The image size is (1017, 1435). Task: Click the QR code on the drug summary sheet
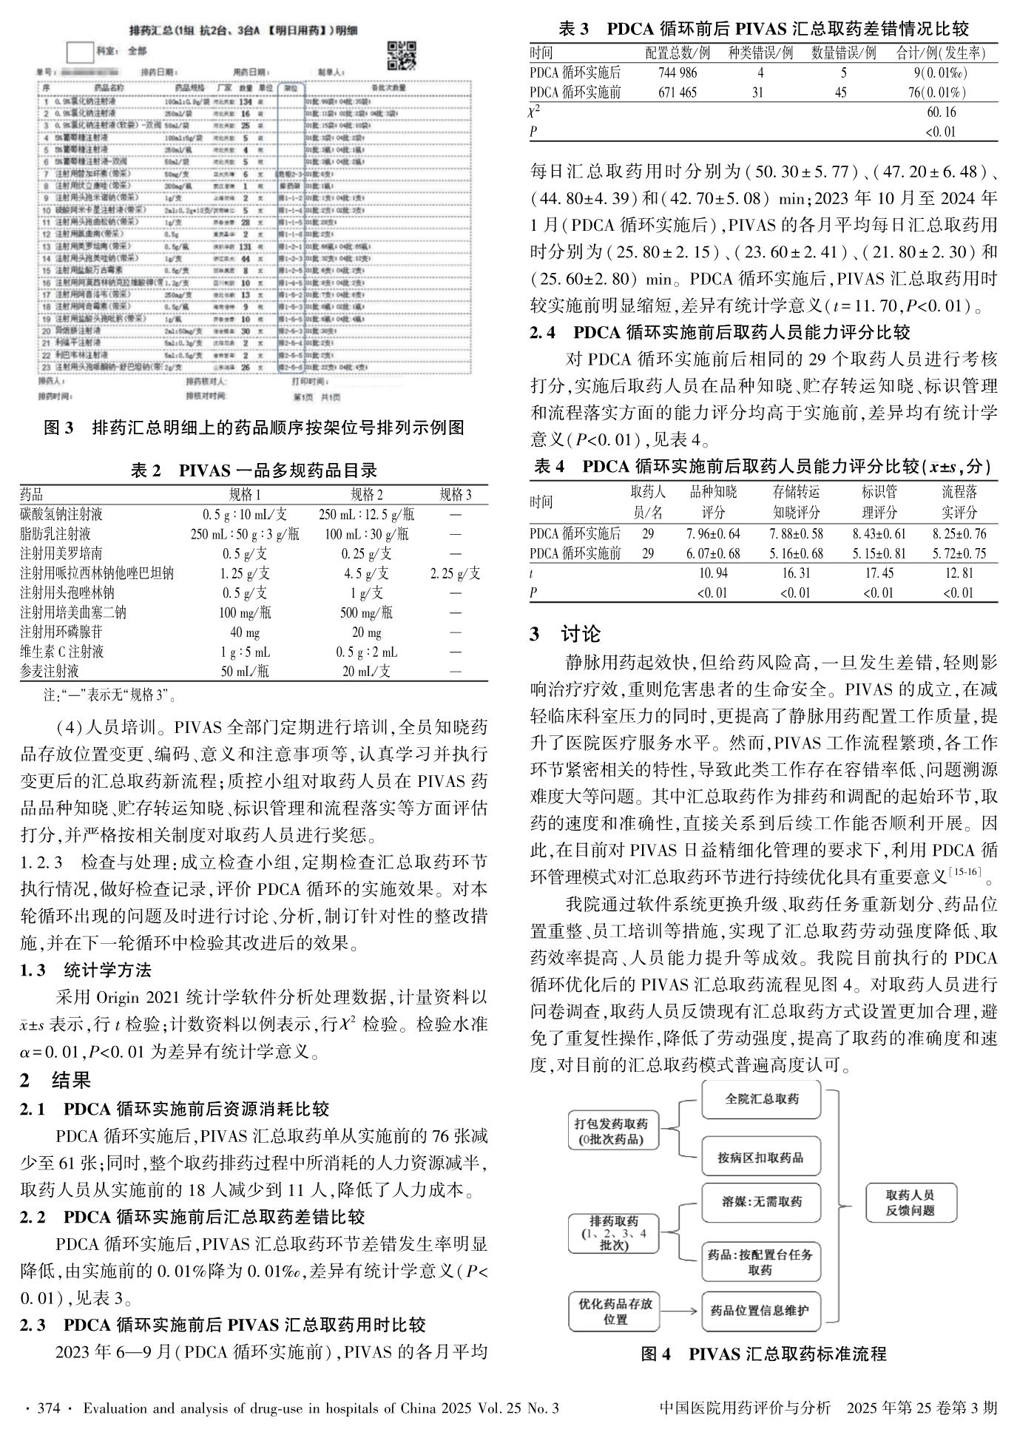tap(402, 55)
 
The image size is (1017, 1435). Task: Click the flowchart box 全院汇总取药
tap(761, 1098)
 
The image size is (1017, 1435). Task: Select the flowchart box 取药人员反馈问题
tap(910, 1203)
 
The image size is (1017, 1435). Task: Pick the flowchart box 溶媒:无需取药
tap(761, 1201)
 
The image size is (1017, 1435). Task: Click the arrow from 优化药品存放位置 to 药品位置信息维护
tap(680, 1310)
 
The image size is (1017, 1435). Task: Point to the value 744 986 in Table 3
tap(678, 72)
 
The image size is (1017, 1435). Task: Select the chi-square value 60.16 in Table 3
tap(941, 112)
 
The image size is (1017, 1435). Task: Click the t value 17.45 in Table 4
tap(879, 573)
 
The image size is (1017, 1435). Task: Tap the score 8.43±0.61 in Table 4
tap(879, 533)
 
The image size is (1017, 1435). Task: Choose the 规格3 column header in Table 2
tap(455, 495)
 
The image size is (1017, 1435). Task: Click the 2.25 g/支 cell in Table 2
tap(455, 573)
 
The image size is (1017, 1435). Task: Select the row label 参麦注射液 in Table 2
tap(50, 671)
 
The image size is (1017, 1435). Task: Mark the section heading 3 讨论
tap(566, 634)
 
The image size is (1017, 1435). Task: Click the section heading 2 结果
tap(56, 1080)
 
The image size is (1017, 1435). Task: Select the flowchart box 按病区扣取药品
tap(760, 1158)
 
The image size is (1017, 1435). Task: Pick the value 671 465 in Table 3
tap(678, 92)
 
